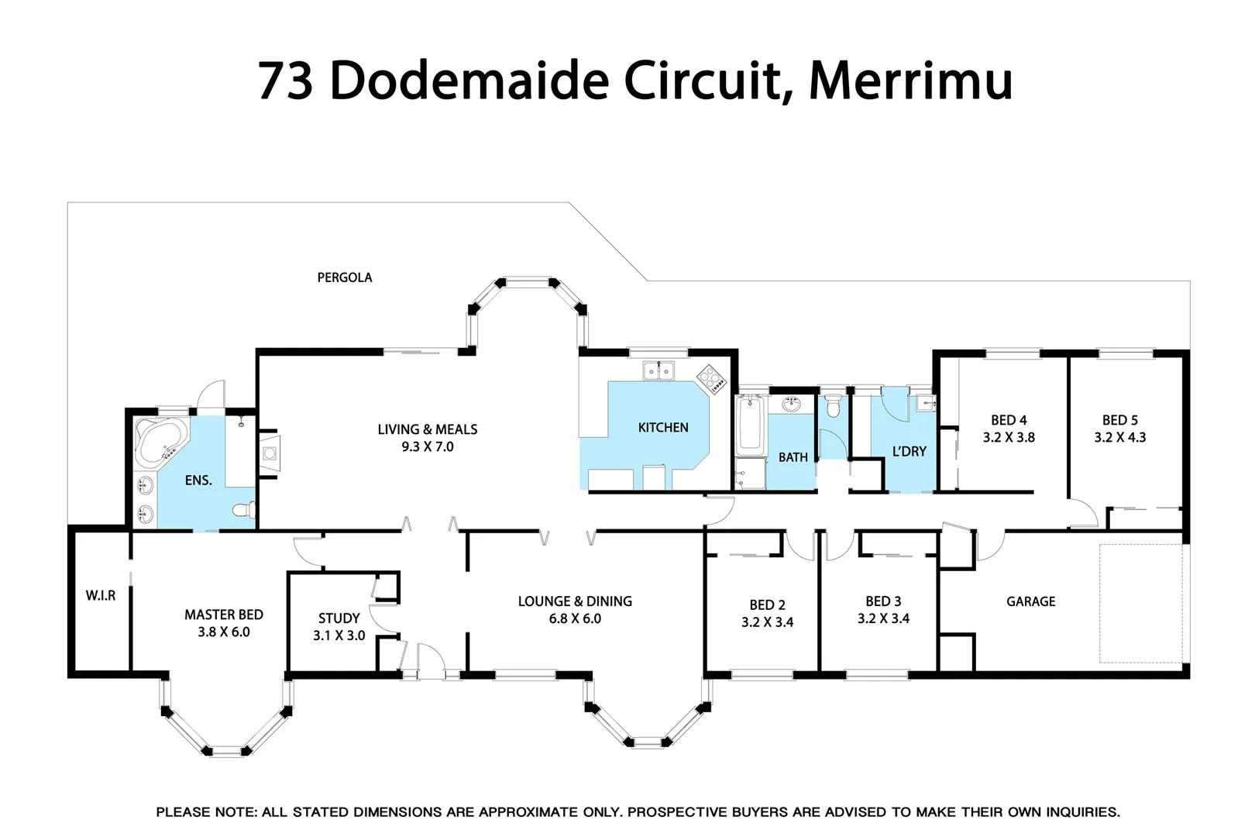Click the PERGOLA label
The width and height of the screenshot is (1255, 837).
click(345, 277)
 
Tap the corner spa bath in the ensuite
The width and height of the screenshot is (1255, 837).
click(160, 440)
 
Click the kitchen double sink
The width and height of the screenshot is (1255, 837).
click(658, 371)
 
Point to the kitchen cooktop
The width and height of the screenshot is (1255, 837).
click(710, 379)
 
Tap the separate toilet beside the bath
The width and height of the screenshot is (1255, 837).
click(833, 406)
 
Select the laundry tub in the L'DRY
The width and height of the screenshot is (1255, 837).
click(925, 404)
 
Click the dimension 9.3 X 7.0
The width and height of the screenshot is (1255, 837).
click(428, 446)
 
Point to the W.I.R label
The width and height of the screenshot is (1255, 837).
click(101, 595)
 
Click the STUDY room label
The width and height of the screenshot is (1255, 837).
click(339, 618)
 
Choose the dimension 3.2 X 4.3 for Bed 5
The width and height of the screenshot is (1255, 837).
click(1119, 437)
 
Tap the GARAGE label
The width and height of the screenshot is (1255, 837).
click(1030, 601)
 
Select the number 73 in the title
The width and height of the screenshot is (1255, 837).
click(284, 81)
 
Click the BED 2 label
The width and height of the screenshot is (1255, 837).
click(767, 604)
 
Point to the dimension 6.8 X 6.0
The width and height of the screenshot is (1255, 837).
click(575, 618)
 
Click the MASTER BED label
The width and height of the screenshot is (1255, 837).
click(224, 615)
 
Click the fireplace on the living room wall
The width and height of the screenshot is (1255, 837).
click(269, 453)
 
